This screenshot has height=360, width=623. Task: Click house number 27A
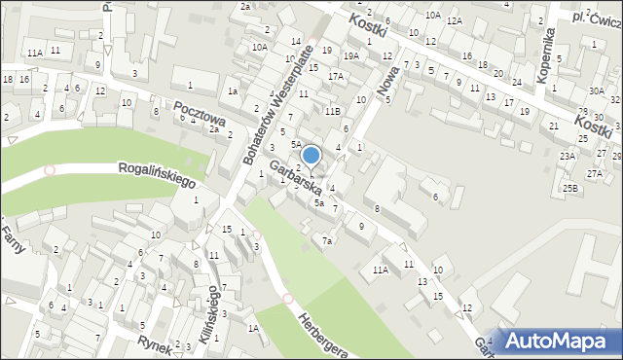pos(594,173)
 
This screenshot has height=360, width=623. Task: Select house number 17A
pos(335,76)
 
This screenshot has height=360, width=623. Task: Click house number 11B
pos(332,112)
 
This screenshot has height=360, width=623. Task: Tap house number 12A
pos(454,20)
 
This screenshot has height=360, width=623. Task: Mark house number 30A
pos(596,90)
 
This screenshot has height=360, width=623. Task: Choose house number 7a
pos(328,240)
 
